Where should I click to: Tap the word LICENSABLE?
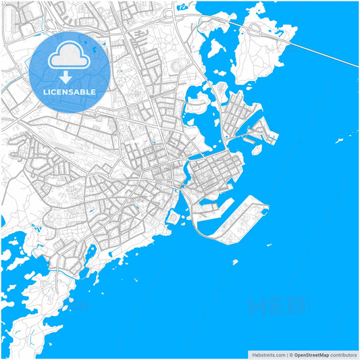pyautogui.click(x=70, y=91)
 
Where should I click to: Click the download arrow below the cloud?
pyautogui.click(x=70, y=76)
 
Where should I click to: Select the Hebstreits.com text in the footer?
pyautogui.click(x=267, y=354)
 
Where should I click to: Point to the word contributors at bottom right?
pyautogui.click(x=344, y=354)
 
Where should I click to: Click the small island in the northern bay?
pyautogui.click(x=216, y=48)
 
